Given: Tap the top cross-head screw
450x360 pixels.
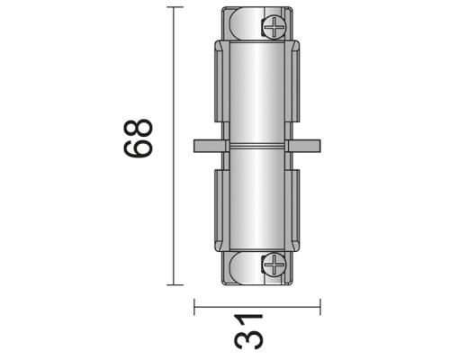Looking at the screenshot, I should (273, 27).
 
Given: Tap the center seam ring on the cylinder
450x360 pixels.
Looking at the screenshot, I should (256, 146).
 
